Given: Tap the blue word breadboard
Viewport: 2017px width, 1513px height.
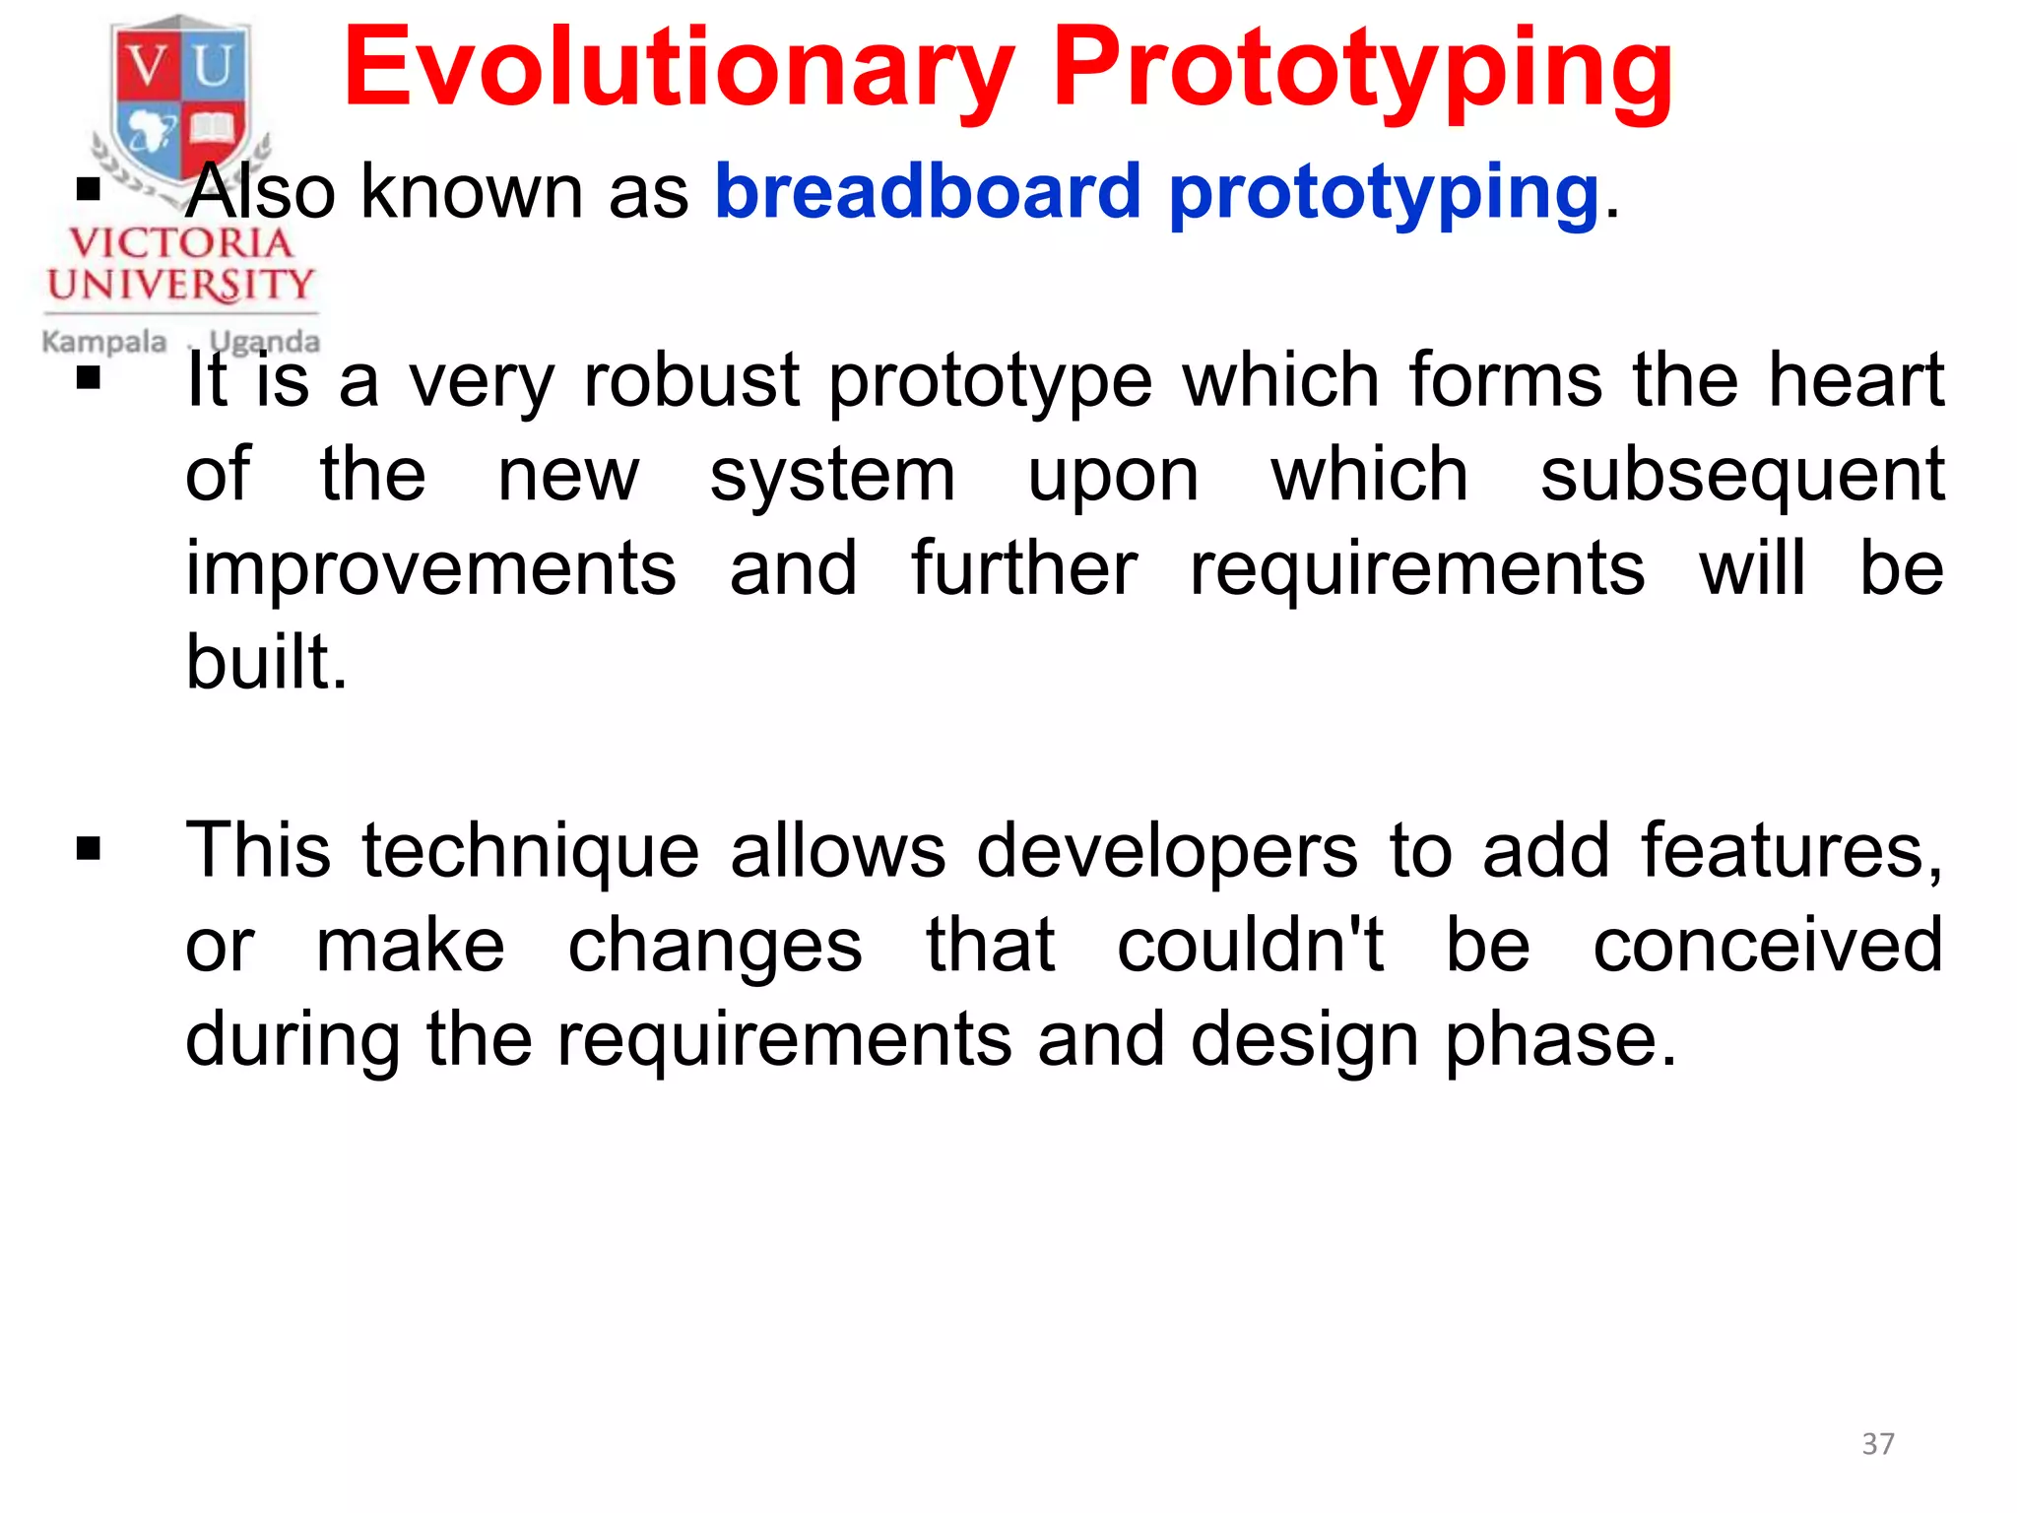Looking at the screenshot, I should (928, 191).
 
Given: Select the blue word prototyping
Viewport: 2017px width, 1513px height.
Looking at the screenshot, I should (1383, 193).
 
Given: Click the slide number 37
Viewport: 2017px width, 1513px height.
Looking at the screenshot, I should (1877, 1444).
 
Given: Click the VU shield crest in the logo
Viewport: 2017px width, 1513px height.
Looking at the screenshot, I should (181, 99).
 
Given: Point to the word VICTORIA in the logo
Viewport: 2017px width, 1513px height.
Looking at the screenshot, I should (181, 243).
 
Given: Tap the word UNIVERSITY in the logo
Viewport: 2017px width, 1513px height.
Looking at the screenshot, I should (180, 286).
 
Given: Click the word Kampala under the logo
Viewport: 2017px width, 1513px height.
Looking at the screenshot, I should (104, 342).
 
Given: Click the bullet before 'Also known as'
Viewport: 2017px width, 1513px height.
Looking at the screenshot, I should (89, 188).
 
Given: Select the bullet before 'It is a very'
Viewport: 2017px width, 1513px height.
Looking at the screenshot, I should (89, 378).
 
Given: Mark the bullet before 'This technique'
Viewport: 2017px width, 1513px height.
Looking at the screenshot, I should (89, 848).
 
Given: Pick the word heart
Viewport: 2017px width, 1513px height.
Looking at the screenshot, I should (1855, 380).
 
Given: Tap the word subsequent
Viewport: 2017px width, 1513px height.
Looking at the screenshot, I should (1742, 475).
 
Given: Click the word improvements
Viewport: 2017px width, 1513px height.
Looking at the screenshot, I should (431, 569).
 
